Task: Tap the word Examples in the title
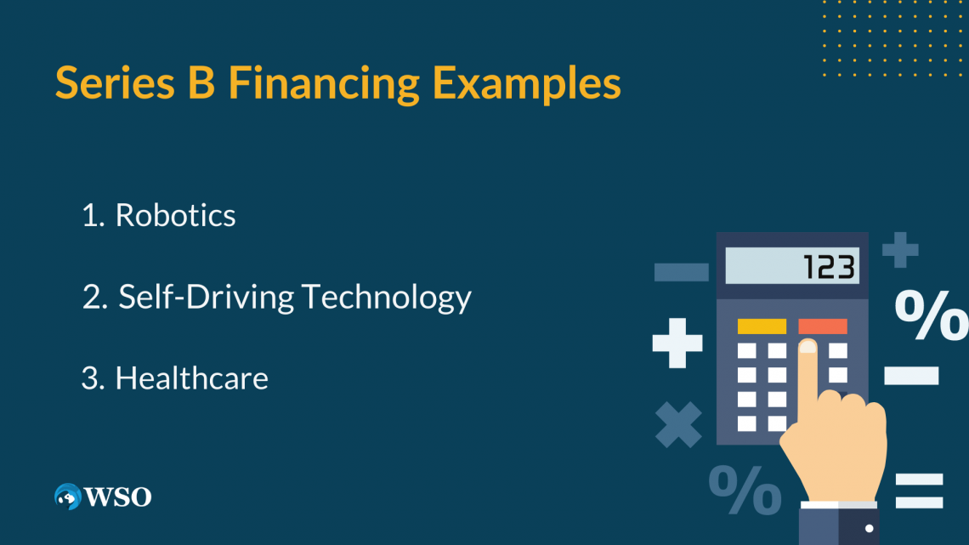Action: click(x=526, y=85)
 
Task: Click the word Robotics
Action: click(x=175, y=216)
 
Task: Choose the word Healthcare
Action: click(x=191, y=378)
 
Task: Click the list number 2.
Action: click(x=92, y=298)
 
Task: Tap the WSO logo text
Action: click(x=117, y=497)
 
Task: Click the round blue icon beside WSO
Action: click(x=66, y=497)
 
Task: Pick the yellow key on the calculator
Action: click(x=762, y=326)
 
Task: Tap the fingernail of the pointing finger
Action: click(x=807, y=347)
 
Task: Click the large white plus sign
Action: click(x=677, y=343)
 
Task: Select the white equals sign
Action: click(x=919, y=491)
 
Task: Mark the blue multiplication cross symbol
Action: click(x=678, y=424)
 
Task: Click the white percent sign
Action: click(x=930, y=315)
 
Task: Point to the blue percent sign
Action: click(x=745, y=491)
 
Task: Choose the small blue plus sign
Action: click(x=899, y=250)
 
